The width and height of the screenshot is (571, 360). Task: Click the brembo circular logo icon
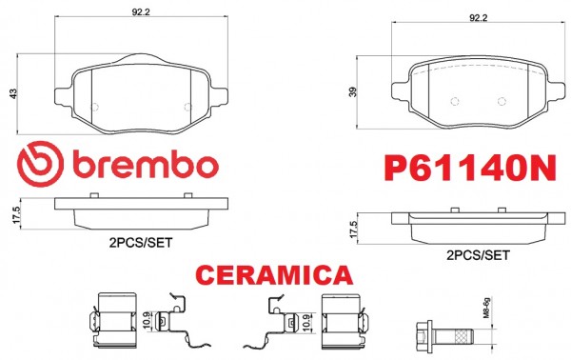[40, 165]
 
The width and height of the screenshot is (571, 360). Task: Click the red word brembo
[146, 165]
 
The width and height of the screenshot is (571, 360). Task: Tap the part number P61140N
[470, 168]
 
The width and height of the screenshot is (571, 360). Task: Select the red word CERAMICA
[274, 274]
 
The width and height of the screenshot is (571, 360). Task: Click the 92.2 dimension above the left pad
[141, 12]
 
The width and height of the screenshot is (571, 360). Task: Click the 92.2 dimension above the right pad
[478, 17]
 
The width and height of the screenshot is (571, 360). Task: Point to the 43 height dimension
[13, 93]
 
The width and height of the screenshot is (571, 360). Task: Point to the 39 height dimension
[352, 91]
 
